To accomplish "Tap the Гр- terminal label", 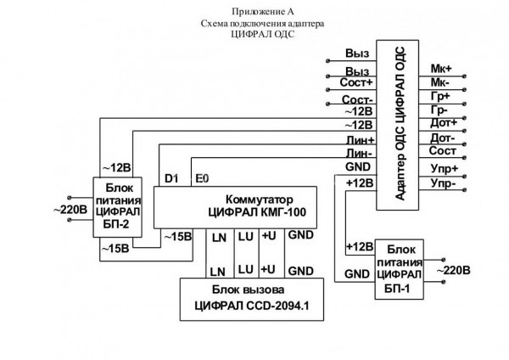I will point(439,110).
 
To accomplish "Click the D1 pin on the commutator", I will point(171,179).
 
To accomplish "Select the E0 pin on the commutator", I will point(202,179).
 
